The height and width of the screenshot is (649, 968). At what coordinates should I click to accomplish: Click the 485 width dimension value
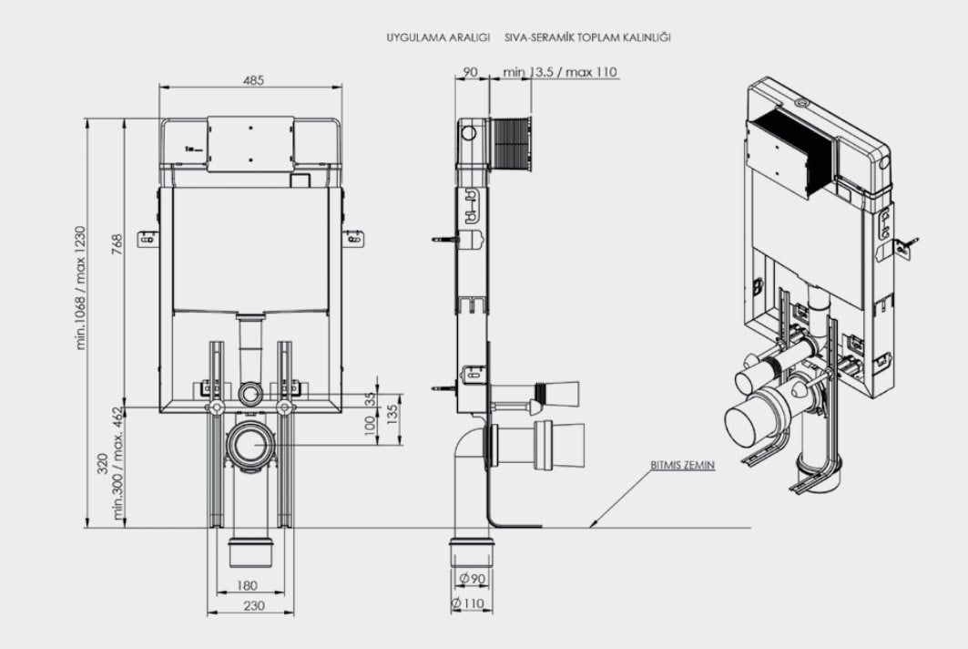coord(253,80)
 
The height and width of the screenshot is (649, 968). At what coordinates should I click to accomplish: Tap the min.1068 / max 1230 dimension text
coord(81,288)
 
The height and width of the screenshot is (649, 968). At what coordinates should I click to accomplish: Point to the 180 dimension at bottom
coord(246,584)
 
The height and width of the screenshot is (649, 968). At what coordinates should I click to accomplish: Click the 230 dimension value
coord(254,605)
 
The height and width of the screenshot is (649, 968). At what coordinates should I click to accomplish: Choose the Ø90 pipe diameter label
coord(473,579)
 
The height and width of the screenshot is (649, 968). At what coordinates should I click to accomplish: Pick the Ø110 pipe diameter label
coord(468,603)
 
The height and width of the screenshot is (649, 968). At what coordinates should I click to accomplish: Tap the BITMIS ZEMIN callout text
coord(682,465)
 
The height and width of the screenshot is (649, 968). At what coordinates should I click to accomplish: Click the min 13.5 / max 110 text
coord(559,72)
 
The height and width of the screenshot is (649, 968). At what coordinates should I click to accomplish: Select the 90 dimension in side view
coord(471,72)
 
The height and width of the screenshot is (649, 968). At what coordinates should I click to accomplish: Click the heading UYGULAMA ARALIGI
coord(438,37)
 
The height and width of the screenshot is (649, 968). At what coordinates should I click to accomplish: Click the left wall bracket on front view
coord(148,239)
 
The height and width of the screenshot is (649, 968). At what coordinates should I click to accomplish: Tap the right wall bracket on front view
coord(353,239)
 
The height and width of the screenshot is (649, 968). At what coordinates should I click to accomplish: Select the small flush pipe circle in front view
coord(250,392)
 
